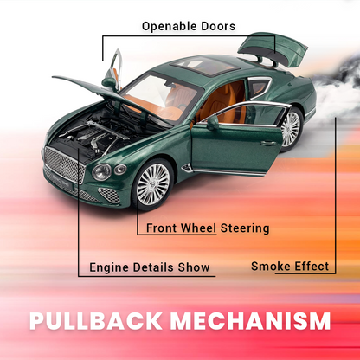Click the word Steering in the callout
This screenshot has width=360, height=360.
point(245,228)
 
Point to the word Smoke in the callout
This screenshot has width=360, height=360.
point(270,266)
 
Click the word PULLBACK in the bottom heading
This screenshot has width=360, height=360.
point(96,321)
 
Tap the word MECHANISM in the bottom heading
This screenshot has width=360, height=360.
point(250,321)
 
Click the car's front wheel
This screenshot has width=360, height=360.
point(153,184)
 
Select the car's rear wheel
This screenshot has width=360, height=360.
point(291,129)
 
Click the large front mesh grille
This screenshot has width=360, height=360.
point(64,164)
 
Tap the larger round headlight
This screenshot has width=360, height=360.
point(101,172)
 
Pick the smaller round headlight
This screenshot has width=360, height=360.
point(120,170)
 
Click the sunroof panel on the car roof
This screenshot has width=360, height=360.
point(205,67)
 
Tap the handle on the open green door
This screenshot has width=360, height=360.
point(268,143)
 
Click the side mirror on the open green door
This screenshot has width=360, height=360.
point(212,123)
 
